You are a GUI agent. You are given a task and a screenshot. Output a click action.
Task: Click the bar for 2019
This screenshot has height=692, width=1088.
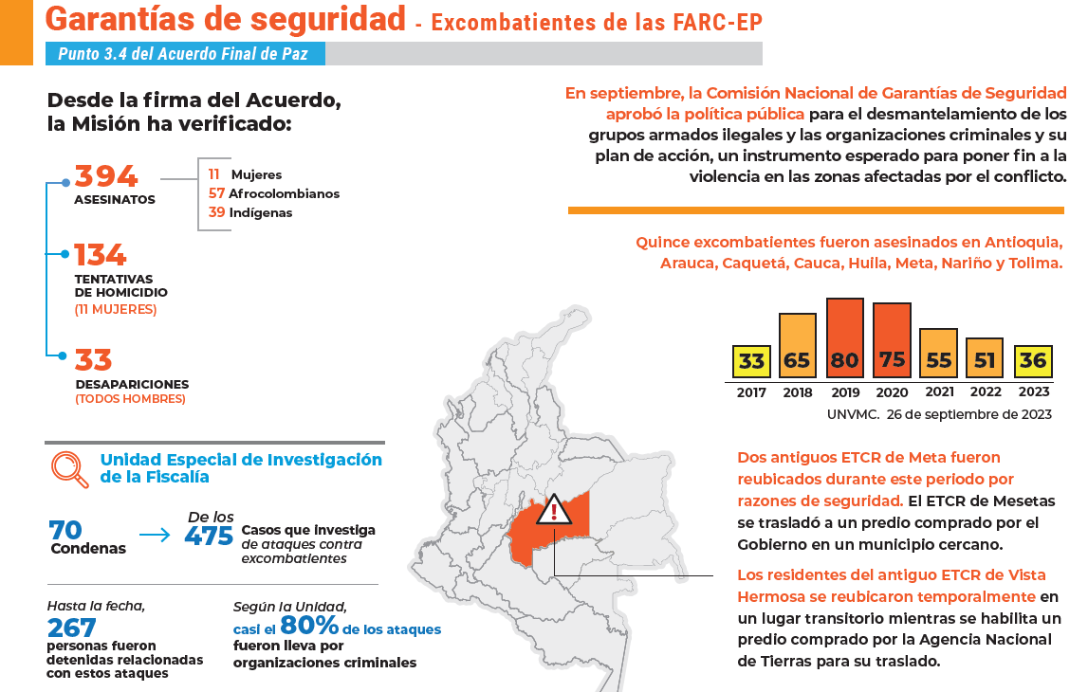pos(844,338)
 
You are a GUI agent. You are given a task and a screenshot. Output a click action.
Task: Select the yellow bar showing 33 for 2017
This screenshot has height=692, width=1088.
pos(751,361)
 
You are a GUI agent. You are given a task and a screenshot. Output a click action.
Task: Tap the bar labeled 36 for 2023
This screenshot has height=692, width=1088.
pos(1032,361)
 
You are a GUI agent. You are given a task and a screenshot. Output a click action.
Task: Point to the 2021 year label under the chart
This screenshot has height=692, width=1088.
pos(938,392)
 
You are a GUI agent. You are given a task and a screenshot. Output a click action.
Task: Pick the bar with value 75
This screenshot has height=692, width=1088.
pos(892,341)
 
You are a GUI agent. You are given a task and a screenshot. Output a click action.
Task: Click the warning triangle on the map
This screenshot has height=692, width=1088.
pos(553,512)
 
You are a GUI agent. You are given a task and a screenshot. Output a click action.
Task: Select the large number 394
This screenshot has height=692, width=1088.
pos(106,177)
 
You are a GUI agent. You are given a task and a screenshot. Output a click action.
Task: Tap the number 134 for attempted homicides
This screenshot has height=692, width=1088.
pos(101,255)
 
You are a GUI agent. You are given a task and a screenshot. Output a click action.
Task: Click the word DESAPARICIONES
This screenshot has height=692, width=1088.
pos(132,385)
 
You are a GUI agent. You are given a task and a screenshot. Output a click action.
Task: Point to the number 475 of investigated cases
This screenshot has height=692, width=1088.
pos(209,537)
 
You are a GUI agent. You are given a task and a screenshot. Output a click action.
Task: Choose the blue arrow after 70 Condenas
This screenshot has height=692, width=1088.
pos(155,537)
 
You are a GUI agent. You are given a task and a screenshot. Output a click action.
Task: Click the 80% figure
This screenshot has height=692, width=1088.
pos(309,627)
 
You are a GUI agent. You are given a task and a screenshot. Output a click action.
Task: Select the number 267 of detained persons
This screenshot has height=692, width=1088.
pos(72,628)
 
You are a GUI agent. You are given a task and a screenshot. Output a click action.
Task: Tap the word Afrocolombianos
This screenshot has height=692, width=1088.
pos(284,194)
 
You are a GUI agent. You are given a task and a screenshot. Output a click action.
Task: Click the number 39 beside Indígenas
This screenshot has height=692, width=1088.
pos(216,213)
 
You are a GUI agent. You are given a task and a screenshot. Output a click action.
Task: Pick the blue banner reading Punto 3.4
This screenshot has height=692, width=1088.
pos(186,54)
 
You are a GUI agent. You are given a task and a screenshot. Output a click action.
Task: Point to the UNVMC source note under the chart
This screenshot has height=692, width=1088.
pos(938,414)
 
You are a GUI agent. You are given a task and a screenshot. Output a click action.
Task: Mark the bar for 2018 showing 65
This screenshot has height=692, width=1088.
pos(798,346)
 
